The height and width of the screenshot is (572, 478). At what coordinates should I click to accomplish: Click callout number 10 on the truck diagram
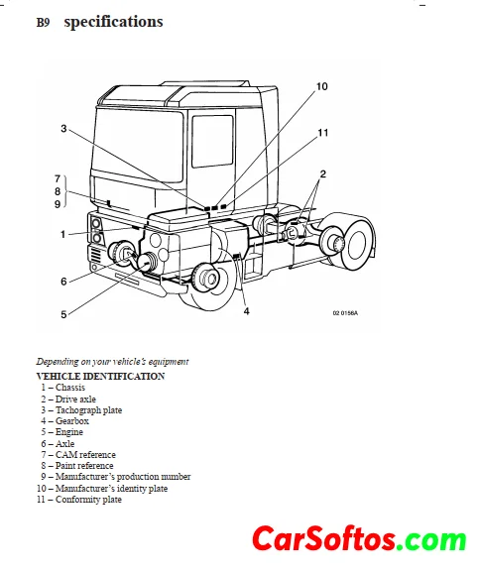pos(322,86)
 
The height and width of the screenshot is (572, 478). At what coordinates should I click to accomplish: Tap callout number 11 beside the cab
pos(323,133)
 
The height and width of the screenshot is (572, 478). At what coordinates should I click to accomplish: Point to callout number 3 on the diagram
pos(63,129)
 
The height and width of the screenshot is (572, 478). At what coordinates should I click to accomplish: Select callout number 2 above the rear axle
pos(322,174)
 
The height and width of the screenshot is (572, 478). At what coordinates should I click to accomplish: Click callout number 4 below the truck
pos(247,311)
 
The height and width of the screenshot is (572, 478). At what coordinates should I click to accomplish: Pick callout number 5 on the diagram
pos(63,314)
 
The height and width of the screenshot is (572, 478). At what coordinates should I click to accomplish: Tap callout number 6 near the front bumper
pos(63,282)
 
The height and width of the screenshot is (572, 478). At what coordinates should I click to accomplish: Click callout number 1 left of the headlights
pos(62,234)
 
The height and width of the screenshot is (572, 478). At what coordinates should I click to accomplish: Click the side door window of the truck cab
pos(212,141)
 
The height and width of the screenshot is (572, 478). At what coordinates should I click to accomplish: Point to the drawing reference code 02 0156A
pos(345,313)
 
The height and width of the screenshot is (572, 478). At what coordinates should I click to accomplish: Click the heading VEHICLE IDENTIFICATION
pos(101,376)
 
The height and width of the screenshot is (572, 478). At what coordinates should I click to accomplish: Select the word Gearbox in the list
pos(72,421)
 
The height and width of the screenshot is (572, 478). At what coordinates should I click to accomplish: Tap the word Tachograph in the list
pos(78,410)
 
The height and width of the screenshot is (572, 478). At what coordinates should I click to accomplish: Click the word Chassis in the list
pos(70,388)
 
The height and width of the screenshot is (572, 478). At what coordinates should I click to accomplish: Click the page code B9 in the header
pos(43,23)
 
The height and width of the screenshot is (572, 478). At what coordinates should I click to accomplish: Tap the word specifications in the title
pos(113,22)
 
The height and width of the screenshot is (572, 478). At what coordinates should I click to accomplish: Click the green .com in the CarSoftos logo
pos(432,539)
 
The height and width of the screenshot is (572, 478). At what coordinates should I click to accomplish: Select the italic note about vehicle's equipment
pos(112,362)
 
